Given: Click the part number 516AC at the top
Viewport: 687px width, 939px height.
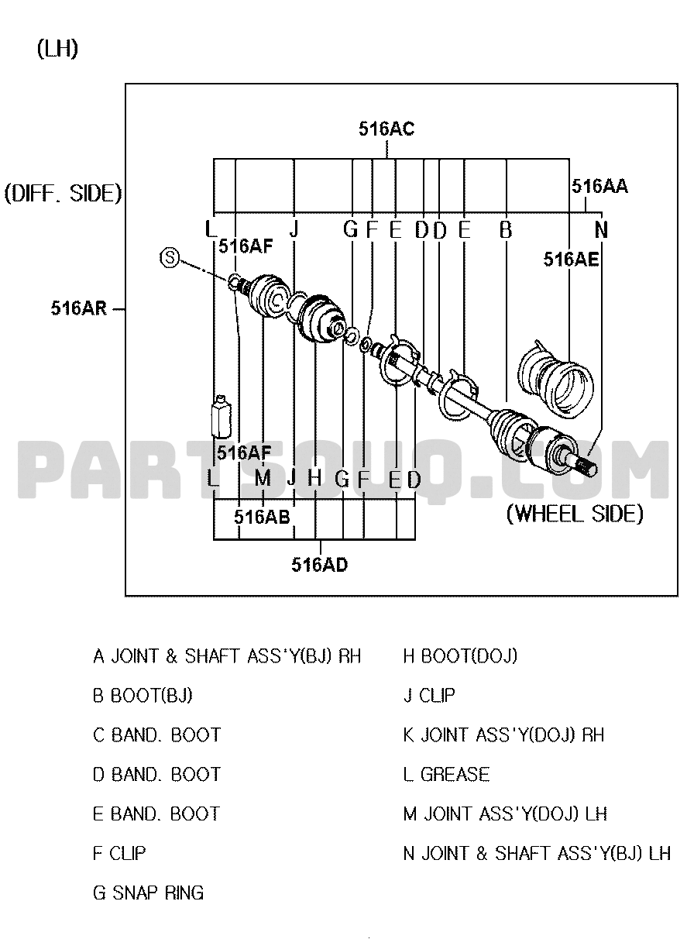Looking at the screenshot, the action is (x=386, y=129).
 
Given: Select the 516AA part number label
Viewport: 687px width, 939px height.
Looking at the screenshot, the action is (x=599, y=186).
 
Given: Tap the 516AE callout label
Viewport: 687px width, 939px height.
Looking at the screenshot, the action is (x=572, y=260).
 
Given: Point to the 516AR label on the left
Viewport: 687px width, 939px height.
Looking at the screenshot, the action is (x=79, y=308).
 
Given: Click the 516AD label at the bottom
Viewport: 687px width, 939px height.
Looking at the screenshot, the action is (x=320, y=565).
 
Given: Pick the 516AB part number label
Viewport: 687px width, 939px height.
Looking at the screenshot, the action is (x=262, y=518).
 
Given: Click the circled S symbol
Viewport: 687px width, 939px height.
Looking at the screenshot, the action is (x=170, y=257).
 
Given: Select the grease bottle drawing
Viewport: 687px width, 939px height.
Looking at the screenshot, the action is (x=221, y=416).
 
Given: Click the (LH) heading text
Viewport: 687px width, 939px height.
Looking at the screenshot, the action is (x=57, y=49).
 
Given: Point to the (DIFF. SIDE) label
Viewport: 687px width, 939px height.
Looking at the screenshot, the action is (x=63, y=194).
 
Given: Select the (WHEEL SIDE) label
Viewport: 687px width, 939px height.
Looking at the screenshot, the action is (x=575, y=514).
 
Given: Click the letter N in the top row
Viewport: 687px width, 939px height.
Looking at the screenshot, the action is (x=602, y=230).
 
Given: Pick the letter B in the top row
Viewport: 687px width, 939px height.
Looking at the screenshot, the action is (x=506, y=230).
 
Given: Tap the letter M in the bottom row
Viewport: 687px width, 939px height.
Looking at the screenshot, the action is (x=263, y=477).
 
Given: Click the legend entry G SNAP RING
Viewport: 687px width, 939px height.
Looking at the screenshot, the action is (x=149, y=893).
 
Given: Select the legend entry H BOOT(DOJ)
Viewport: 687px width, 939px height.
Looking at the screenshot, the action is (x=460, y=656).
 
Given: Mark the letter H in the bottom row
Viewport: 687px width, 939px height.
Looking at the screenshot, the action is (x=314, y=477).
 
